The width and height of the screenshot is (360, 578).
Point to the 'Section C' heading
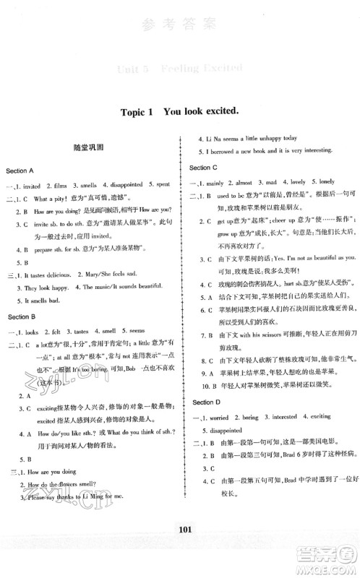click(x=205, y=168)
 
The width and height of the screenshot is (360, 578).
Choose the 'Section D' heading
click(x=205, y=402)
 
